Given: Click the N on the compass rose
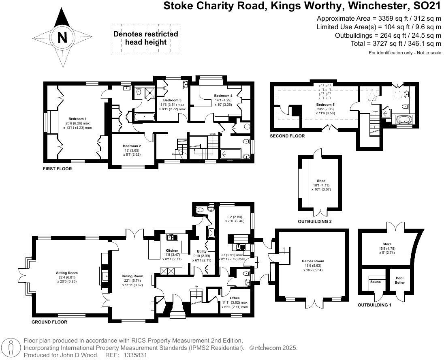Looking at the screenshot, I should click(x=62, y=38).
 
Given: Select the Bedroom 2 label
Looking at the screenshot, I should click(x=132, y=146).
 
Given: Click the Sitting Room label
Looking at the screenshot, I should click(x=67, y=273).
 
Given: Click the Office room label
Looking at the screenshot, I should click(x=235, y=298).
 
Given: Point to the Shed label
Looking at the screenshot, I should click(x=321, y=181).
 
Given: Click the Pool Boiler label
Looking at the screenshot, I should click(x=399, y=280).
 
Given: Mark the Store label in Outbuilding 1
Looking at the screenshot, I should click(x=375, y=244).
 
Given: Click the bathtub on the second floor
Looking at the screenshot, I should click(x=403, y=120).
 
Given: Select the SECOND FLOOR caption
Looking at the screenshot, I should click(x=287, y=136).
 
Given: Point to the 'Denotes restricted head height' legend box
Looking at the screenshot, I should click(x=146, y=38).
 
